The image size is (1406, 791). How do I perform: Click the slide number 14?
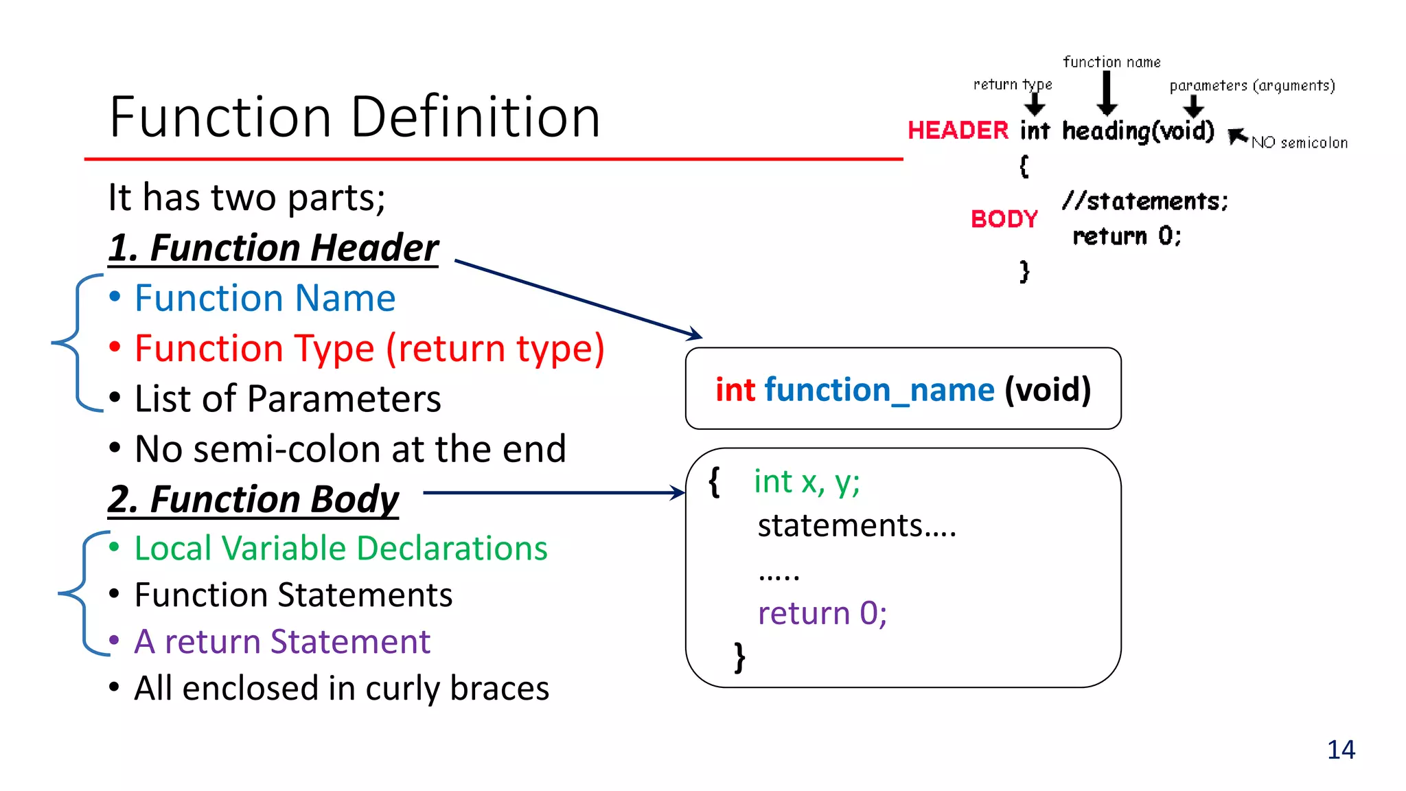coord(1341,750)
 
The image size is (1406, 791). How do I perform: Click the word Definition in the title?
coord(476,117)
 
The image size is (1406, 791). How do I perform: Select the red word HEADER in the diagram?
coord(958,130)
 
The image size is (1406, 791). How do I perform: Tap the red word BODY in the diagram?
coord(1004,219)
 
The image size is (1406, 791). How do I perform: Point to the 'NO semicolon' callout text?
coord(1299,143)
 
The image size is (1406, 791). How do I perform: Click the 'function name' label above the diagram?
coord(1111,62)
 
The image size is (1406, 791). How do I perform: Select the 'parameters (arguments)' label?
coord(1252,86)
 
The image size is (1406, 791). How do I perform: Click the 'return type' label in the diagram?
coord(1012,84)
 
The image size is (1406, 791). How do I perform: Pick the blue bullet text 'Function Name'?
coord(265,299)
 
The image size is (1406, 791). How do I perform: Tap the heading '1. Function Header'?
coord(273,248)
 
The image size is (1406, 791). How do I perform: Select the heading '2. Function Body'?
coord(253,499)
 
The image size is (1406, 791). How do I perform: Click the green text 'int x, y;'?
coord(807,481)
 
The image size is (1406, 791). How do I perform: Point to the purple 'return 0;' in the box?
coord(822,613)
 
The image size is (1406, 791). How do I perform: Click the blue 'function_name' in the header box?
coord(879,390)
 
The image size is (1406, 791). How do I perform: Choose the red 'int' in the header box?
coord(735,390)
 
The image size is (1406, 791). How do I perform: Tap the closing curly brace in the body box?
coord(739,658)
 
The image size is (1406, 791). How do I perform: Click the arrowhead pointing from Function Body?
coord(678,492)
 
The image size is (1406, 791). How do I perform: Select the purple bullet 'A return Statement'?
coord(282,642)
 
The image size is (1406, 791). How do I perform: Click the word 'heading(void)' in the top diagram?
coord(1138,130)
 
